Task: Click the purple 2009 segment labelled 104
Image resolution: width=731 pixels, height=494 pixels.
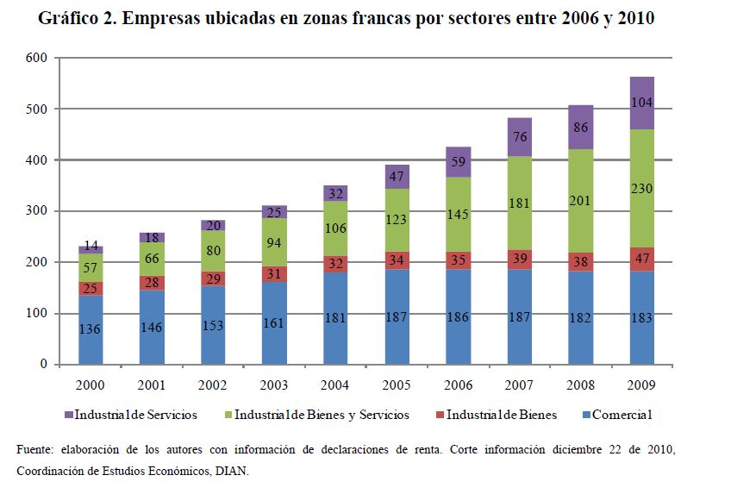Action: tap(642, 103)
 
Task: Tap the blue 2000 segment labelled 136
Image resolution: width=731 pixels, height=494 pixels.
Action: tap(91, 329)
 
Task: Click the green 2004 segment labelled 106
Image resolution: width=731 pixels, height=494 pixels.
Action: tap(336, 228)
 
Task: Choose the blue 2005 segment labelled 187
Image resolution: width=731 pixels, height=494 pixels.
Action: tap(397, 316)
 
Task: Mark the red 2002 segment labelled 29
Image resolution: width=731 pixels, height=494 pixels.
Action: tap(213, 278)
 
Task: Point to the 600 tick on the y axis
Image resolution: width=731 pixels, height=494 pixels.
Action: tap(36, 58)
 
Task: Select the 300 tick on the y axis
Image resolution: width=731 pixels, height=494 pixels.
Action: tap(36, 211)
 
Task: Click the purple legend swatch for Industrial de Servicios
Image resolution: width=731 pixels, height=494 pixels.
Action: tap(68, 416)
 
